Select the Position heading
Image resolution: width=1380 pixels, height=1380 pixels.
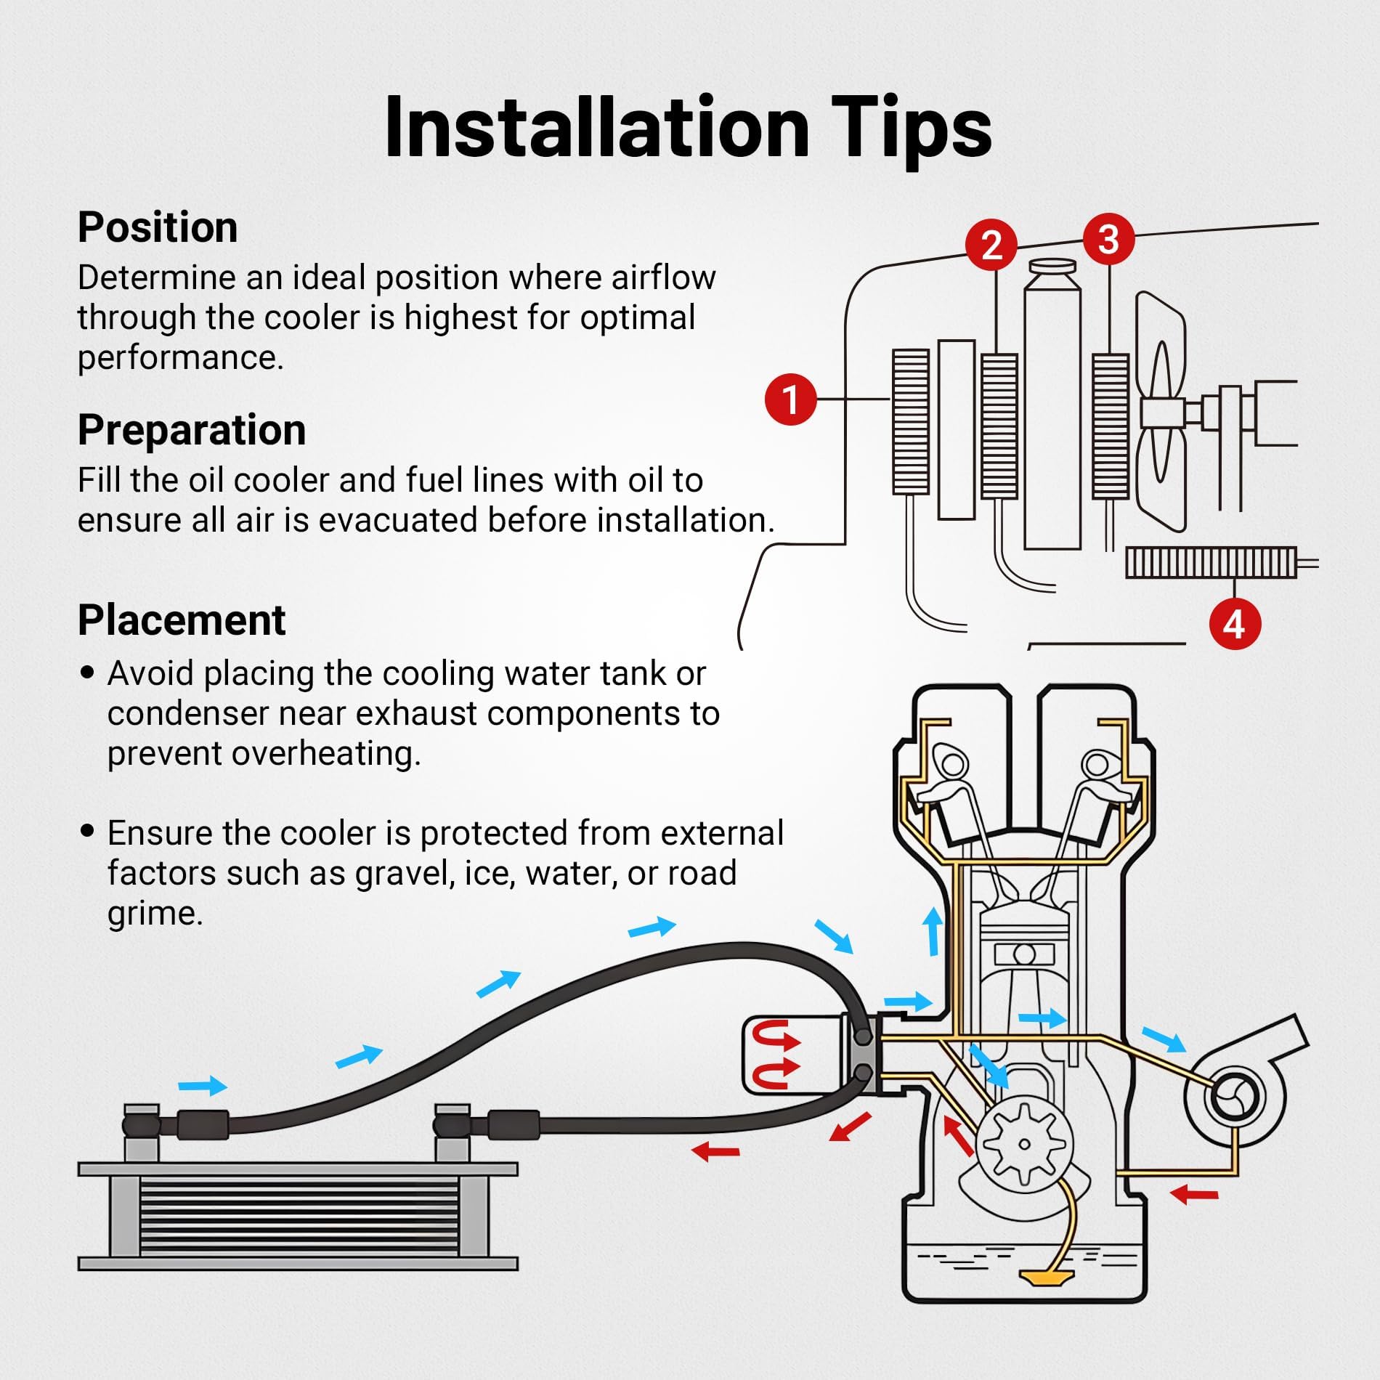pos(158,227)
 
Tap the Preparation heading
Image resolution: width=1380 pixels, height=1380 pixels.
pos(192,430)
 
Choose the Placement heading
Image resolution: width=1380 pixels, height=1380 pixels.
pos(182,620)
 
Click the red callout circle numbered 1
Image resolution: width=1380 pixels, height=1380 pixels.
pos(791,399)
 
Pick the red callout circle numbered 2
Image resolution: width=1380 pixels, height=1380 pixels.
pos(992,245)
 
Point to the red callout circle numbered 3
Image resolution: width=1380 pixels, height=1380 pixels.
pos(1109,240)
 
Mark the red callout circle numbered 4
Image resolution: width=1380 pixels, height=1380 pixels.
pos(1235,624)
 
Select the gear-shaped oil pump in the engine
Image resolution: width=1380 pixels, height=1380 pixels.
pos(1024,1145)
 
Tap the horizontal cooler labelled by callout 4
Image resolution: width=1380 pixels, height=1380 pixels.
pos(1211,563)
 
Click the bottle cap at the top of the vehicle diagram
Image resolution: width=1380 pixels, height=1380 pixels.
pos(1052,266)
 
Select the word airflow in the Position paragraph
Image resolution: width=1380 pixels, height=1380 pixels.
pos(663,277)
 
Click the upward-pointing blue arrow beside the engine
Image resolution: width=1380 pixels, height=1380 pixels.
pos(933,932)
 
